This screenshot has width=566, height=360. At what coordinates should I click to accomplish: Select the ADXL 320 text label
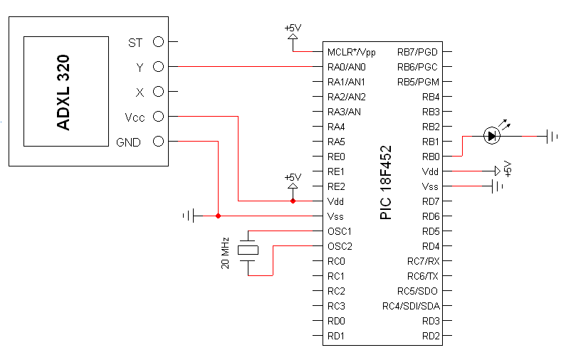63,92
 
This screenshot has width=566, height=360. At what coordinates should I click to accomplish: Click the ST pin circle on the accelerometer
158,42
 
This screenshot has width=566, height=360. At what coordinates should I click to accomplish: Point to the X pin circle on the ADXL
158,92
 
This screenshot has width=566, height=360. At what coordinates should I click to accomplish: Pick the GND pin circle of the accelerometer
158,142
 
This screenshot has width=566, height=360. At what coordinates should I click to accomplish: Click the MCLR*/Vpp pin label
351,52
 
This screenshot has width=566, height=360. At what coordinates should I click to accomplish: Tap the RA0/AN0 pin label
347,67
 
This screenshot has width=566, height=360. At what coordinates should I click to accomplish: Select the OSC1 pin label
340,231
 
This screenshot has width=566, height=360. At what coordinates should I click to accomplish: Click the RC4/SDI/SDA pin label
412,306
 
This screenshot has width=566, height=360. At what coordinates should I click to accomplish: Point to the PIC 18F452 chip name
386,183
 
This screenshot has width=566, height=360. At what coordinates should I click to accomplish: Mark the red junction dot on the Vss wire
218,216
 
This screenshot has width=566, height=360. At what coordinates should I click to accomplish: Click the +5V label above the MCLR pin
293,28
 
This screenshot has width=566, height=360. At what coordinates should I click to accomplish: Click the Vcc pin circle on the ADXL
158,117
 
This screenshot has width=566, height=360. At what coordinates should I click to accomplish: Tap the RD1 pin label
337,336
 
